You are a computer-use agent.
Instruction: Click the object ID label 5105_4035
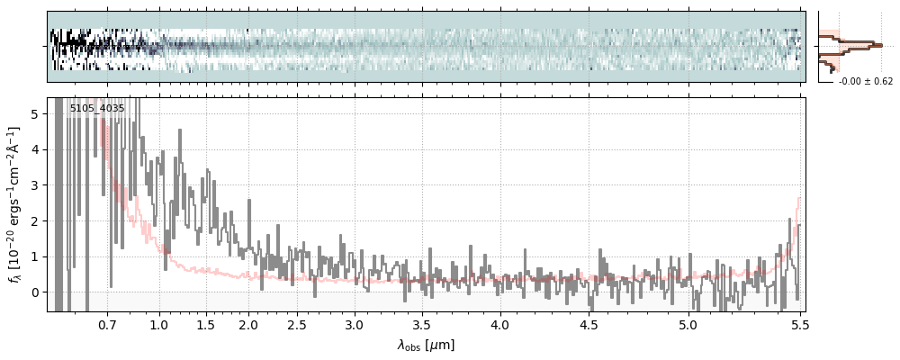coord(97,109)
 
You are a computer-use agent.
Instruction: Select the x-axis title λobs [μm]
coord(427,346)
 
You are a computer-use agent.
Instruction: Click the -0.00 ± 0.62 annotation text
coord(866,82)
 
